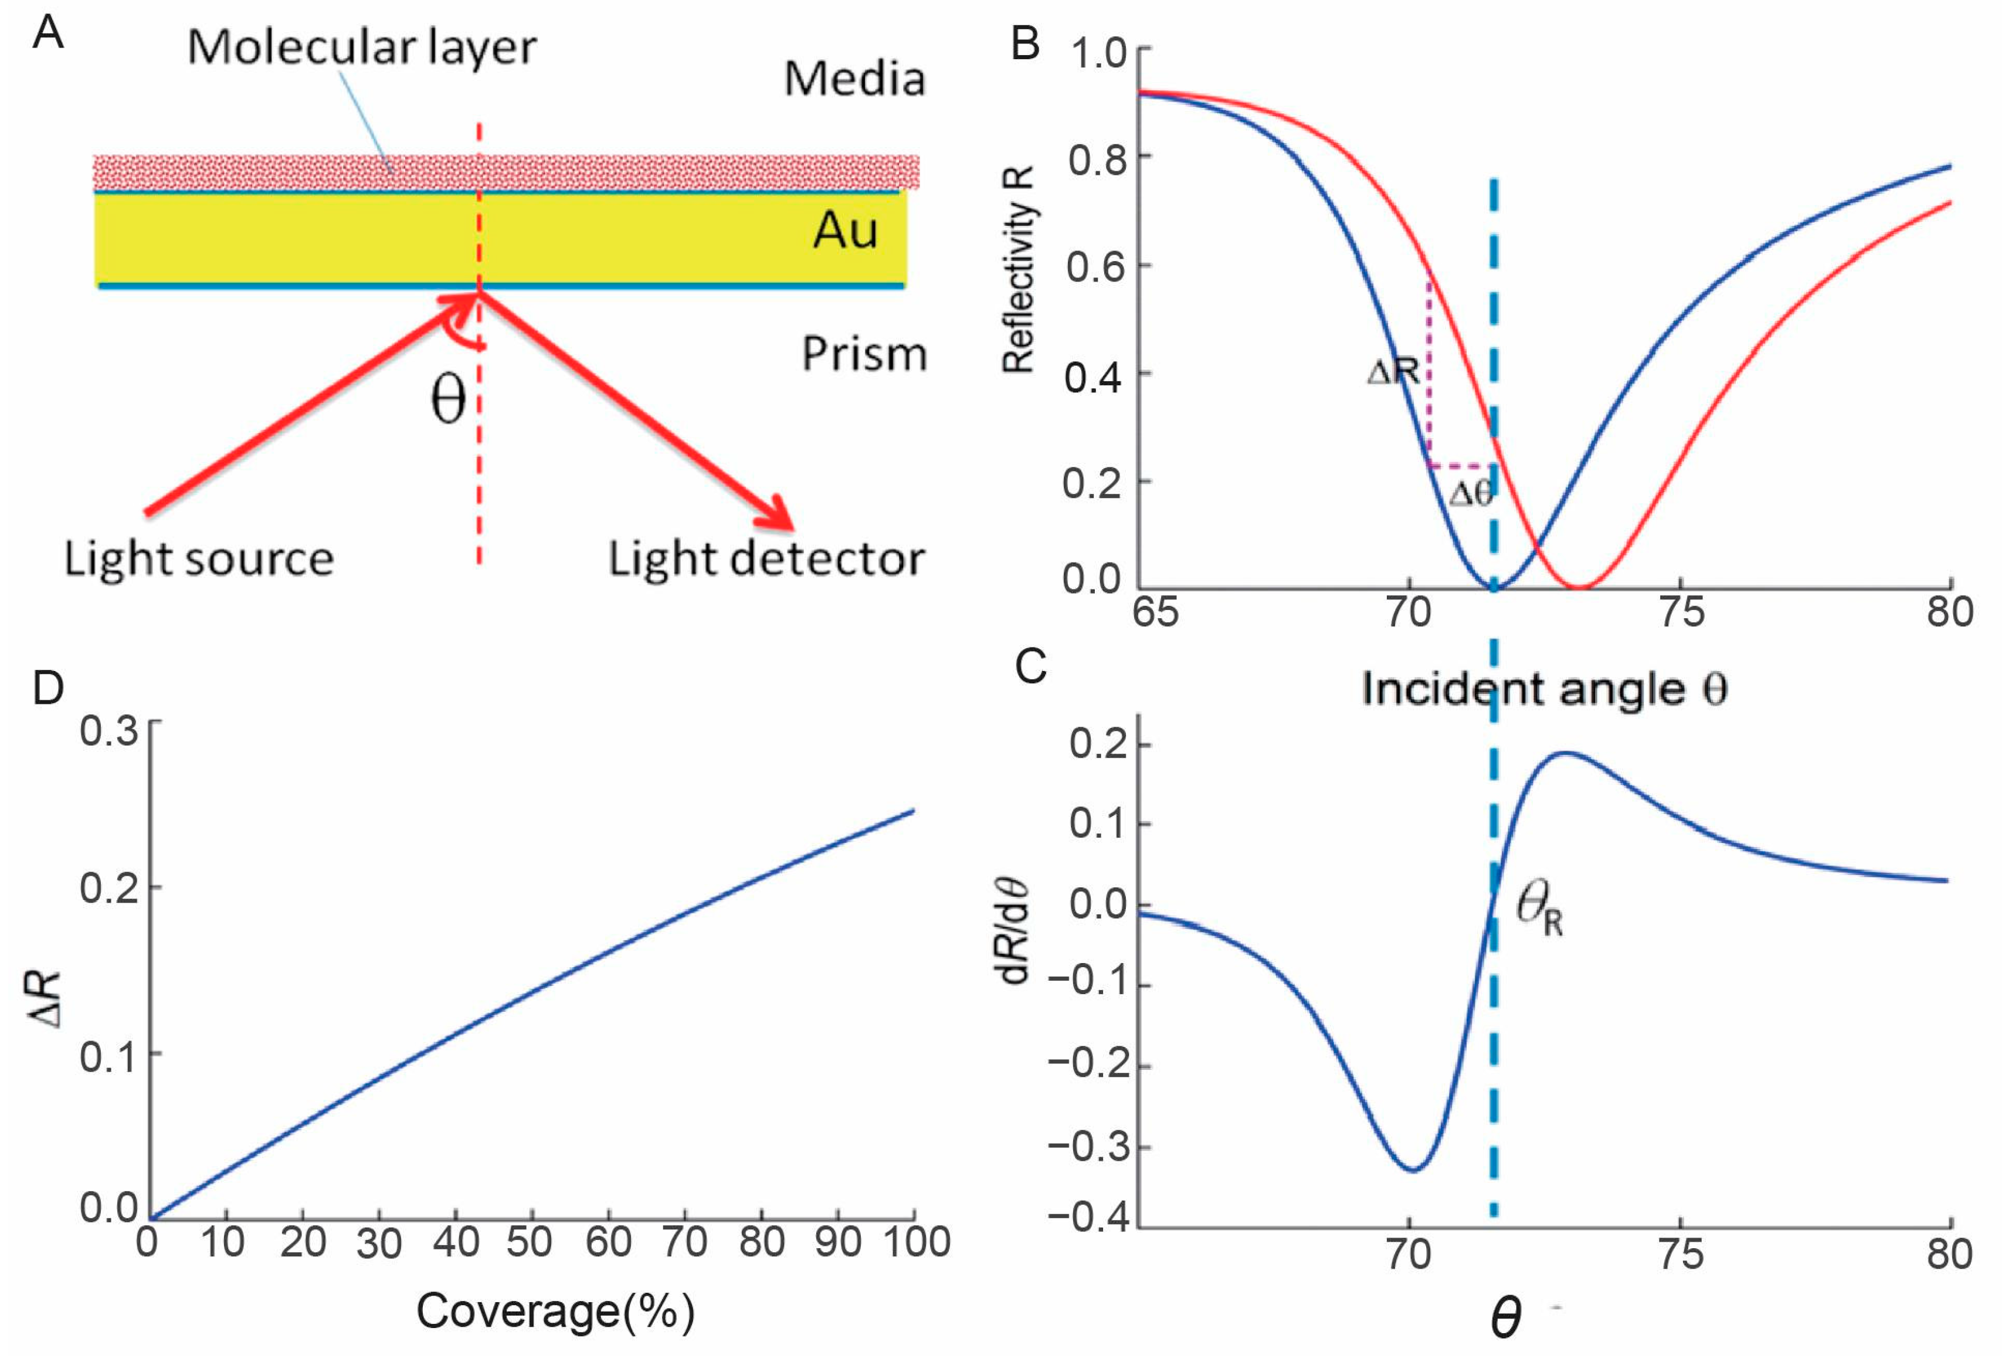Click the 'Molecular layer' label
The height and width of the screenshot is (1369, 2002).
[x=361, y=48]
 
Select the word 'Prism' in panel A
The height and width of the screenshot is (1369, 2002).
[x=864, y=354]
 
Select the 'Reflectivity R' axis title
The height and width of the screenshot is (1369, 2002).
[x=1019, y=269]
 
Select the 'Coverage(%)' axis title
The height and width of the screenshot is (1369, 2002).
[x=556, y=1312]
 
